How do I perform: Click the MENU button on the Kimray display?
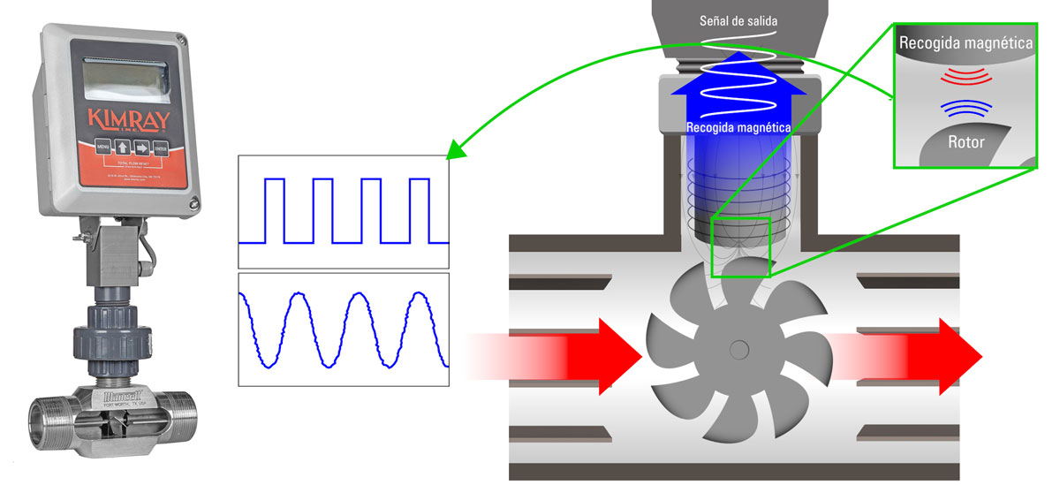(103, 147)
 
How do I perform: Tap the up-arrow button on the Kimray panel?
(123, 148)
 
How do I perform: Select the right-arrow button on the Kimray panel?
(141, 148)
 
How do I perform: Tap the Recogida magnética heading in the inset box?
(965, 41)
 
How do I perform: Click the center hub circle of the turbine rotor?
(738, 351)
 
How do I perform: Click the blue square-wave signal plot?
(344, 210)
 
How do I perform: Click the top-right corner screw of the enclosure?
(182, 39)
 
